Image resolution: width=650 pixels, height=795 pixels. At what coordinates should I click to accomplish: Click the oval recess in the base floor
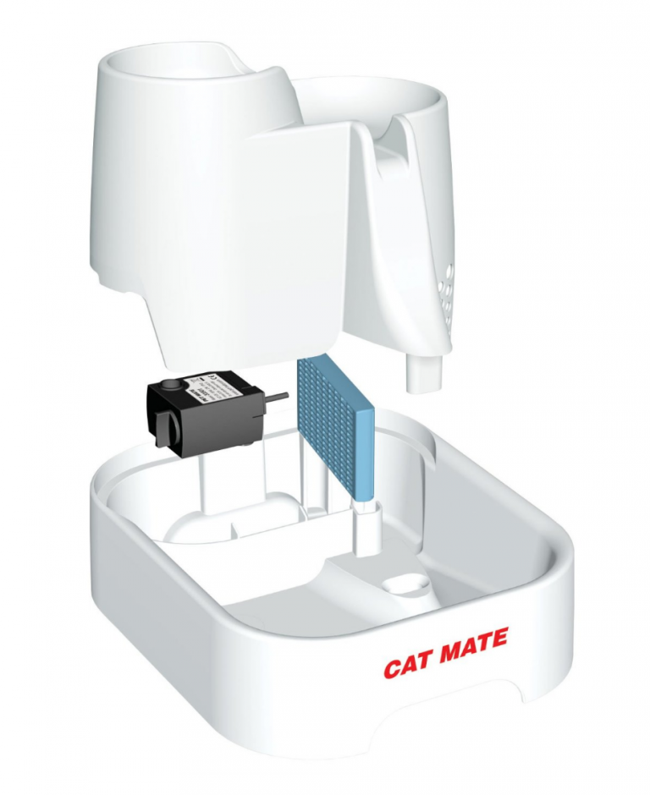coord(405,584)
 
